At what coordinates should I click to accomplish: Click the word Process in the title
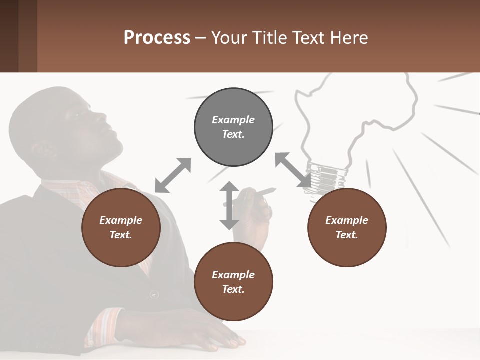coord(157,38)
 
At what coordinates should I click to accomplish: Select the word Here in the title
coord(348,38)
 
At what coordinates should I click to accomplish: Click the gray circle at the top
coord(233,127)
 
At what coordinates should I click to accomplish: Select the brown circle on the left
coord(121,227)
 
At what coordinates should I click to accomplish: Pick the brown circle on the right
coord(347,227)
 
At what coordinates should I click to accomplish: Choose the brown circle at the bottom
coord(233,281)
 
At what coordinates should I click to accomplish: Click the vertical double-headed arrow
coord(229,205)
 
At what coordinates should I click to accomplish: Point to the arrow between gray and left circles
coord(173,175)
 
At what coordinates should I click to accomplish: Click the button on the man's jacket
coord(154,294)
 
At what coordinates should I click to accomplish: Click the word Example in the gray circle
coord(233,120)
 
